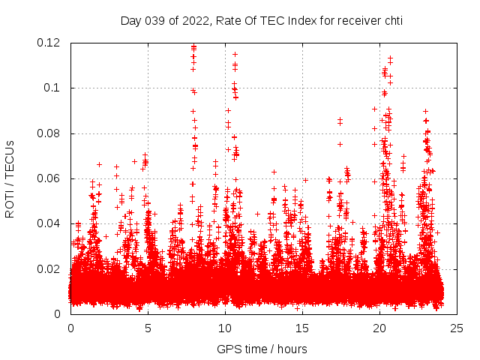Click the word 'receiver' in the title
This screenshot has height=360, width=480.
point(356,21)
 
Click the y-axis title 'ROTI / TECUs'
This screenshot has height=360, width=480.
point(10,178)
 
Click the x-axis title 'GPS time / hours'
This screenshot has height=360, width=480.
point(262,349)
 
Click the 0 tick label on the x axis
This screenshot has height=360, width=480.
point(70,328)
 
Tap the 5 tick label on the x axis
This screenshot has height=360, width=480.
point(148,328)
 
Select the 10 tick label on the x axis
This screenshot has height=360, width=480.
point(225,328)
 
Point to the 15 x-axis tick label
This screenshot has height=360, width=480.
point(302,328)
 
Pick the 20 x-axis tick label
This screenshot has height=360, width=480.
point(379,328)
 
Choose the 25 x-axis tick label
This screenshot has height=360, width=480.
point(457,328)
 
